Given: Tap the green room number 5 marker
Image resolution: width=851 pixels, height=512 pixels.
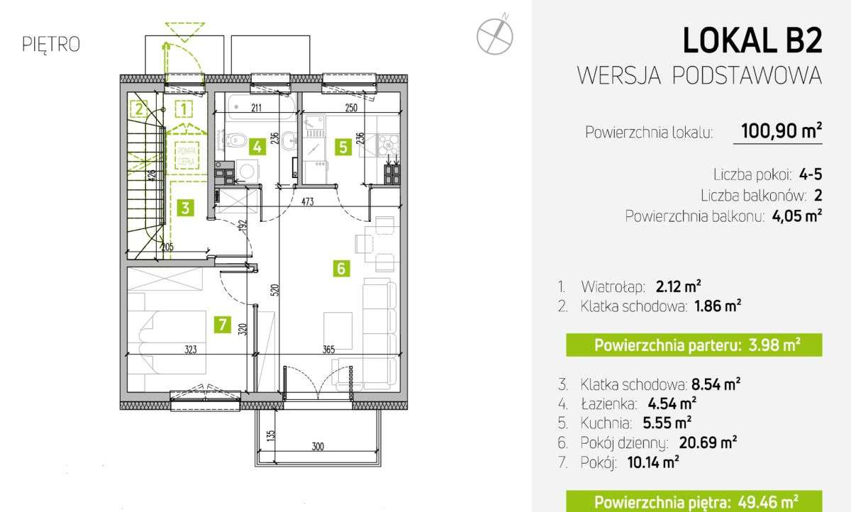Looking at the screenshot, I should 343,147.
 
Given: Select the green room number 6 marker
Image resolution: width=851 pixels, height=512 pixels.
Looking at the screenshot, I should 341,269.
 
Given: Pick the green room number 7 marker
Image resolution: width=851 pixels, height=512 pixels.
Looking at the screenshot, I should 223,325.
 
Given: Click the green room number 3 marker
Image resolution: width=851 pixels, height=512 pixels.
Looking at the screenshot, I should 184,208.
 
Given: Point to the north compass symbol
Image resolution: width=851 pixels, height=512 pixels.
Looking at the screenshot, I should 494,34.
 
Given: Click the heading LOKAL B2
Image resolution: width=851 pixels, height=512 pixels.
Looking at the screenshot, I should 752,41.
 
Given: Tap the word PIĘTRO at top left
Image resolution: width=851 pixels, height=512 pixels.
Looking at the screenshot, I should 51,44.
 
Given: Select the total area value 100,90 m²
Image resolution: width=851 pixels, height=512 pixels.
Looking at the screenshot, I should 781,131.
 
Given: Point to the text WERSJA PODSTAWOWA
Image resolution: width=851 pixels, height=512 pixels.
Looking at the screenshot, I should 700,75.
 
